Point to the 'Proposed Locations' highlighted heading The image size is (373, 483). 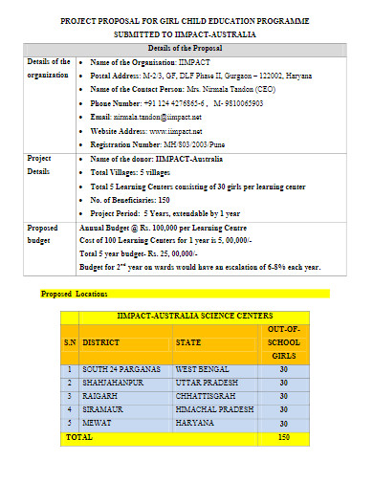[75, 294]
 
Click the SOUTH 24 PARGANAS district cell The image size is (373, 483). [121, 368]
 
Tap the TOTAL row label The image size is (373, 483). [78, 435]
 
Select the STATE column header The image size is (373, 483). [190, 341]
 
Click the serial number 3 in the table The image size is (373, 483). [70, 394]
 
